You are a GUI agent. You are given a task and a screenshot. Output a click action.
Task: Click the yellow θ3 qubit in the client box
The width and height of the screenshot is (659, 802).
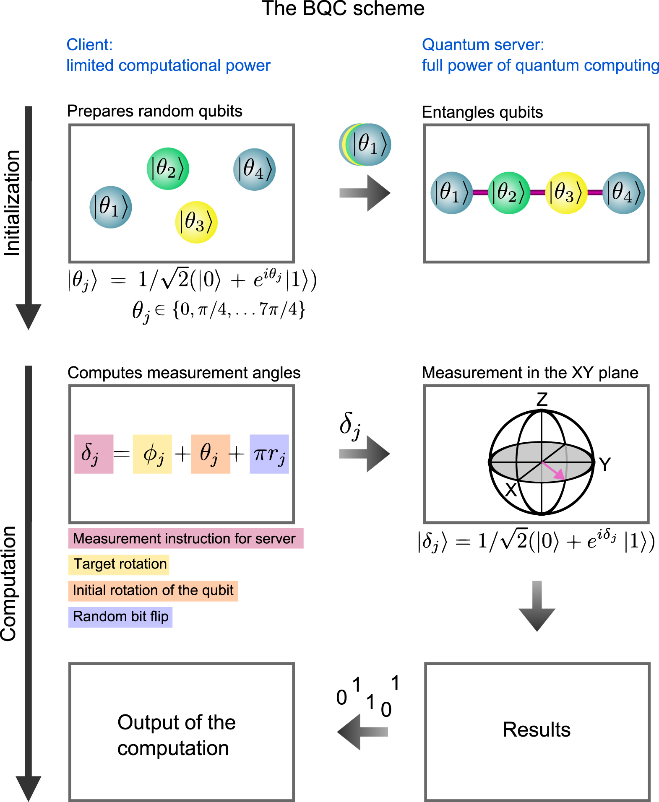coord(196,222)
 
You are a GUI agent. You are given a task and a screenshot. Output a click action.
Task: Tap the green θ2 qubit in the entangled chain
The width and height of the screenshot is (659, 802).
coord(509,193)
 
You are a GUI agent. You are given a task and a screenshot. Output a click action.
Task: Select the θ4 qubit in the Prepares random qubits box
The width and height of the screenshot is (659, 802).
coord(254,169)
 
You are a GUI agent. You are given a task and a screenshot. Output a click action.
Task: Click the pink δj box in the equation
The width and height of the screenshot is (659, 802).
coord(94,454)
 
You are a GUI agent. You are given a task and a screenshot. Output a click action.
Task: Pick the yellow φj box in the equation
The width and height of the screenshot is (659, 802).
coord(152,454)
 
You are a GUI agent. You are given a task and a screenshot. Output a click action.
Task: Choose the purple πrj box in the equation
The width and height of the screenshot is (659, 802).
coord(269,454)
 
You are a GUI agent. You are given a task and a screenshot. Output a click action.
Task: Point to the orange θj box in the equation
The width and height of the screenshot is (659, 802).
coord(211,454)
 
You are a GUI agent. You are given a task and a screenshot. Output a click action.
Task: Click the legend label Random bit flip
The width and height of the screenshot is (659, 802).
coord(120,617)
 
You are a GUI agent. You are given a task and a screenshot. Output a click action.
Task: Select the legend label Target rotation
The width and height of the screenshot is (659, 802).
coord(119,564)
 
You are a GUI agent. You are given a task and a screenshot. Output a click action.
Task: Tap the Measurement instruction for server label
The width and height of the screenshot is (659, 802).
coord(185,539)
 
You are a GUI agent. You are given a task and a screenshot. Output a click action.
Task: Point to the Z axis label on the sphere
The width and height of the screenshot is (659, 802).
coord(542,399)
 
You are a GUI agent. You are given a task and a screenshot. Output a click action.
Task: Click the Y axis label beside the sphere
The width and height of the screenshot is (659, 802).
coord(604,465)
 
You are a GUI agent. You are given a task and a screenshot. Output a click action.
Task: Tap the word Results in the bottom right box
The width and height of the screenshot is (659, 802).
coord(537,730)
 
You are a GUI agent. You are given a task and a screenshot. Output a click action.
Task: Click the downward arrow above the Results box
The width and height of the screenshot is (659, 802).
coord(537,606)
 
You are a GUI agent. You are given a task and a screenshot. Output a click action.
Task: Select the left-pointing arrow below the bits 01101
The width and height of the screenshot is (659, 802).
coord(361,732)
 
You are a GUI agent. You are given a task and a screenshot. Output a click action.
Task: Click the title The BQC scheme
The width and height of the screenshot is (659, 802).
coord(343,8)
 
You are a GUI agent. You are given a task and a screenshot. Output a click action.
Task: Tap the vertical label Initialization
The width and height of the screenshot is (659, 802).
coord(12,203)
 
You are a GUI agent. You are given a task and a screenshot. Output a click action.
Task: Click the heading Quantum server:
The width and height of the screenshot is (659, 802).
coord(483,45)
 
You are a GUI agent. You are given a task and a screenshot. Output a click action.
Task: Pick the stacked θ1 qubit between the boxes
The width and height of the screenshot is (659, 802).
coord(368,145)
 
